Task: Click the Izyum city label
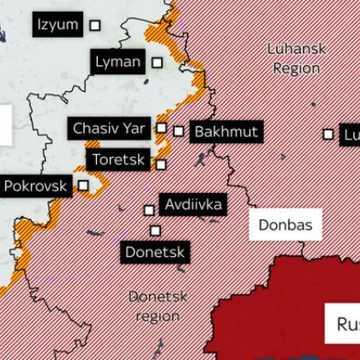(58, 25)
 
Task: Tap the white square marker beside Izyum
(95, 26)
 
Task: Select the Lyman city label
(117, 62)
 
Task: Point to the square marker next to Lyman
(157, 62)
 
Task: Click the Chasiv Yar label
(109, 128)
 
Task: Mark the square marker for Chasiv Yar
(160, 128)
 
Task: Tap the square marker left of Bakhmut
(178, 131)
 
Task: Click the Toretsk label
(118, 159)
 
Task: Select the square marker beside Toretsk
(161, 164)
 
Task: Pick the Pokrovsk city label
(35, 185)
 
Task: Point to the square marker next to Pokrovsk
(83, 184)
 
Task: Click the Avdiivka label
(194, 204)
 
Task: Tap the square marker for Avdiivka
(149, 209)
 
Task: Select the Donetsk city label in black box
(155, 252)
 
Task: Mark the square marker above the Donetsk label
(155, 230)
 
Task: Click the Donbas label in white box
(285, 225)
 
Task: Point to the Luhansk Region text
(297, 58)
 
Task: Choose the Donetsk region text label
(157, 306)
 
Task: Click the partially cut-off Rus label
(345, 324)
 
